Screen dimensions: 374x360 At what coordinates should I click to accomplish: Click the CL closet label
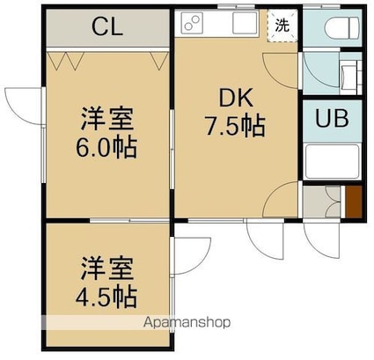click(x=107, y=26)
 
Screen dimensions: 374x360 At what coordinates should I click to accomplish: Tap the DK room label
click(x=236, y=99)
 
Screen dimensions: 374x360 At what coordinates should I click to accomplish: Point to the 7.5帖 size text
click(x=236, y=126)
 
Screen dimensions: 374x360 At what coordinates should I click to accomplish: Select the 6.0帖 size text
click(x=106, y=147)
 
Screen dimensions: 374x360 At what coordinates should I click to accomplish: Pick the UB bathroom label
click(x=332, y=118)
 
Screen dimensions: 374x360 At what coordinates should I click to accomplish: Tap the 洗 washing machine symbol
click(x=282, y=26)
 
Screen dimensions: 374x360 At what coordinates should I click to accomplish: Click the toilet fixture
click(x=341, y=27)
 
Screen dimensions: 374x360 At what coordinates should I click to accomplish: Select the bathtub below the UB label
click(x=333, y=161)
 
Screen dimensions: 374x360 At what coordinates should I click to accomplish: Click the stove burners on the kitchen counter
click(x=193, y=23)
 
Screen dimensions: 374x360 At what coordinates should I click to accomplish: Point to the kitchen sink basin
click(x=245, y=23)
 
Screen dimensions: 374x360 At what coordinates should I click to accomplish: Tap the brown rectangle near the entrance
click(x=354, y=202)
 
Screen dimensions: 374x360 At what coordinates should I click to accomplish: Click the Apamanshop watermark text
click(x=187, y=323)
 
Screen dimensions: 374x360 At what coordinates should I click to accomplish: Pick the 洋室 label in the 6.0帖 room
click(x=107, y=120)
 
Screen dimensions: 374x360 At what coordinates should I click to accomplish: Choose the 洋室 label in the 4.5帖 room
click(x=107, y=268)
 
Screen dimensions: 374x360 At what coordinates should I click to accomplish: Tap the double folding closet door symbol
click(x=66, y=61)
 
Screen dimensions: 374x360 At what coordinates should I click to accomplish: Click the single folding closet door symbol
click(x=159, y=61)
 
